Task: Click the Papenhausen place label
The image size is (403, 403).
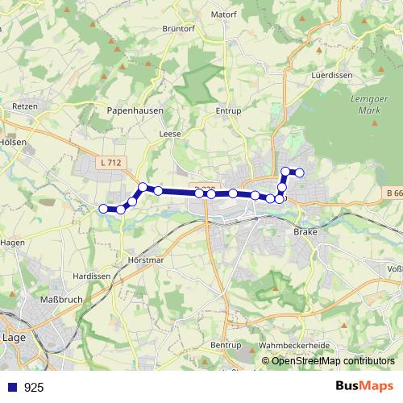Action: pyautogui.click(x=135, y=111)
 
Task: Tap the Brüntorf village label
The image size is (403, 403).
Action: pyautogui.click(x=180, y=50)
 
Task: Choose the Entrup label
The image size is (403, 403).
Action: pyautogui.click(x=229, y=111)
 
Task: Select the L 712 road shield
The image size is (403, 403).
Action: pyautogui.click(x=111, y=163)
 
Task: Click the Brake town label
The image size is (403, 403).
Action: pyautogui.click(x=306, y=231)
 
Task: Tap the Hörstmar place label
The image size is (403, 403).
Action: pyautogui.click(x=145, y=260)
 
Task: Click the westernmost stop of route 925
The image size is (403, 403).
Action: pyautogui.click(x=103, y=210)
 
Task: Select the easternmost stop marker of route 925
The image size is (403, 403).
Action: pyautogui.click(x=299, y=172)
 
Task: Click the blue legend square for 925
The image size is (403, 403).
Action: pyautogui.click(x=11, y=388)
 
